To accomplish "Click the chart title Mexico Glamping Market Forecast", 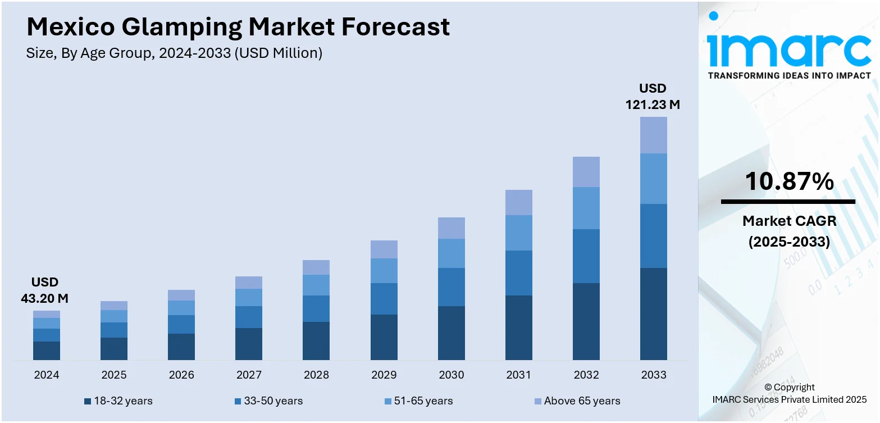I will pyautogui.click(x=238, y=27).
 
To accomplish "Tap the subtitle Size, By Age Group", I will pyautogui.click(x=174, y=53).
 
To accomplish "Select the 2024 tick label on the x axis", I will pyautogui.click(x=47, y=375).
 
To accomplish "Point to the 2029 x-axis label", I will pyautogui.click(x=384, y=375).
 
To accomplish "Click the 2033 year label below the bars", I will pyautogui.click(x=654, y=375).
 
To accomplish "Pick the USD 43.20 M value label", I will pyautogui.click(x=45, y=290).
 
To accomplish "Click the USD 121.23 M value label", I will pyautogui.click(x=653, y=97).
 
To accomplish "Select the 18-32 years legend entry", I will pyautogui.click(x=118, y=401).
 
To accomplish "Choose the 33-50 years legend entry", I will pyautogui.click(x=268, y=401).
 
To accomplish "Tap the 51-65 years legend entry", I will pyautogui.click(x=418, y=401).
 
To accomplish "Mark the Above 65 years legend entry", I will pyautogui.click(x=576, y=401).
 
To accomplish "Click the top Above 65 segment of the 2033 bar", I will pyautogui.click(x=654, y=135).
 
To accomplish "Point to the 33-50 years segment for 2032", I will pyautogui.click(x=586, y=256).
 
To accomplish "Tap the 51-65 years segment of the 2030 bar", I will pyautogui.click(x=452, y=253).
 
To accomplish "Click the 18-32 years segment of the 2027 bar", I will pyautogui.click(x=249, y=344).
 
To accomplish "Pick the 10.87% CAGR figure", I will pyautogui.click(x=789, y=181).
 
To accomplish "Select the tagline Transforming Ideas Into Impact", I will pyautogui.click(x=789, y=75).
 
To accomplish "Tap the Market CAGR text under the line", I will pyautogui.click(x=789, y=221).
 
